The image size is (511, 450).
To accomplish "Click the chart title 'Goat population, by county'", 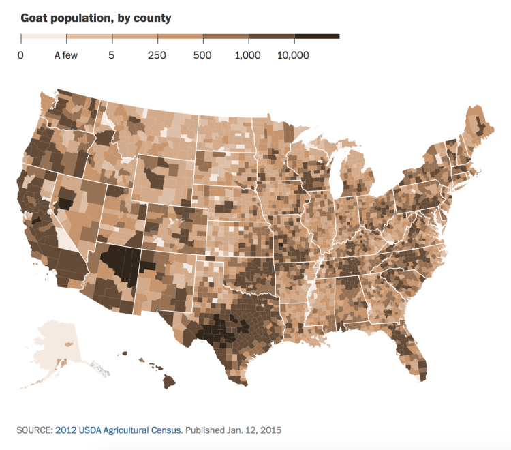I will pyautogui.click(x=95, y=17).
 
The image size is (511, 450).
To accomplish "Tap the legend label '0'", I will pyautogui.click(x=21, y=55).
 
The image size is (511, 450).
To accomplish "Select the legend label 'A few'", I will pyautogui.click(x=66, y=55).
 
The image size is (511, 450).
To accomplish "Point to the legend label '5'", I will pyautogui.click(x=111, y=55).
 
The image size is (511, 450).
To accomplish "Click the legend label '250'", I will pyautogui.click(x=157, y=55).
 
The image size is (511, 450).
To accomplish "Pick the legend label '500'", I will pyautogui.click(x=202, y=55).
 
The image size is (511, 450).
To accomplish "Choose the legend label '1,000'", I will pyautogui.click(x=248, y=55).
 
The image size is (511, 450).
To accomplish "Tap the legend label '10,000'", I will pyautogui.click(x=294, y=55).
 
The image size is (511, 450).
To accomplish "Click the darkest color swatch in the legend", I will pyautogui.click(x=317, y=36).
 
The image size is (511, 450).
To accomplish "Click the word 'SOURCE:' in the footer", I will pyautogui.click(x=33, y=430).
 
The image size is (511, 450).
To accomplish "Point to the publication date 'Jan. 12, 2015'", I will pyautogui.click(x=255, y=430).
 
